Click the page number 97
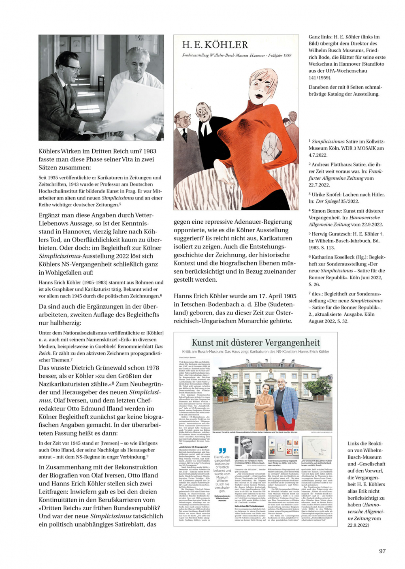click(x=382, y=551)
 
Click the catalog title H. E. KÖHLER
click(x=215, y=45)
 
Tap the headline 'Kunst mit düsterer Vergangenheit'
click(x=256, y=342)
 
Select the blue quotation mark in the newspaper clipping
click(x=222, y=451)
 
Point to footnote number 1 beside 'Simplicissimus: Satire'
click(x=310, y=141)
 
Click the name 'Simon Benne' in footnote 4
click(x=327, y=211)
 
